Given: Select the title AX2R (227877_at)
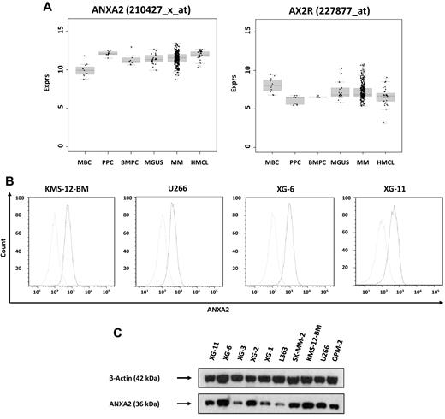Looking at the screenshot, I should pyautogui.click(x=346, y=11).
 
